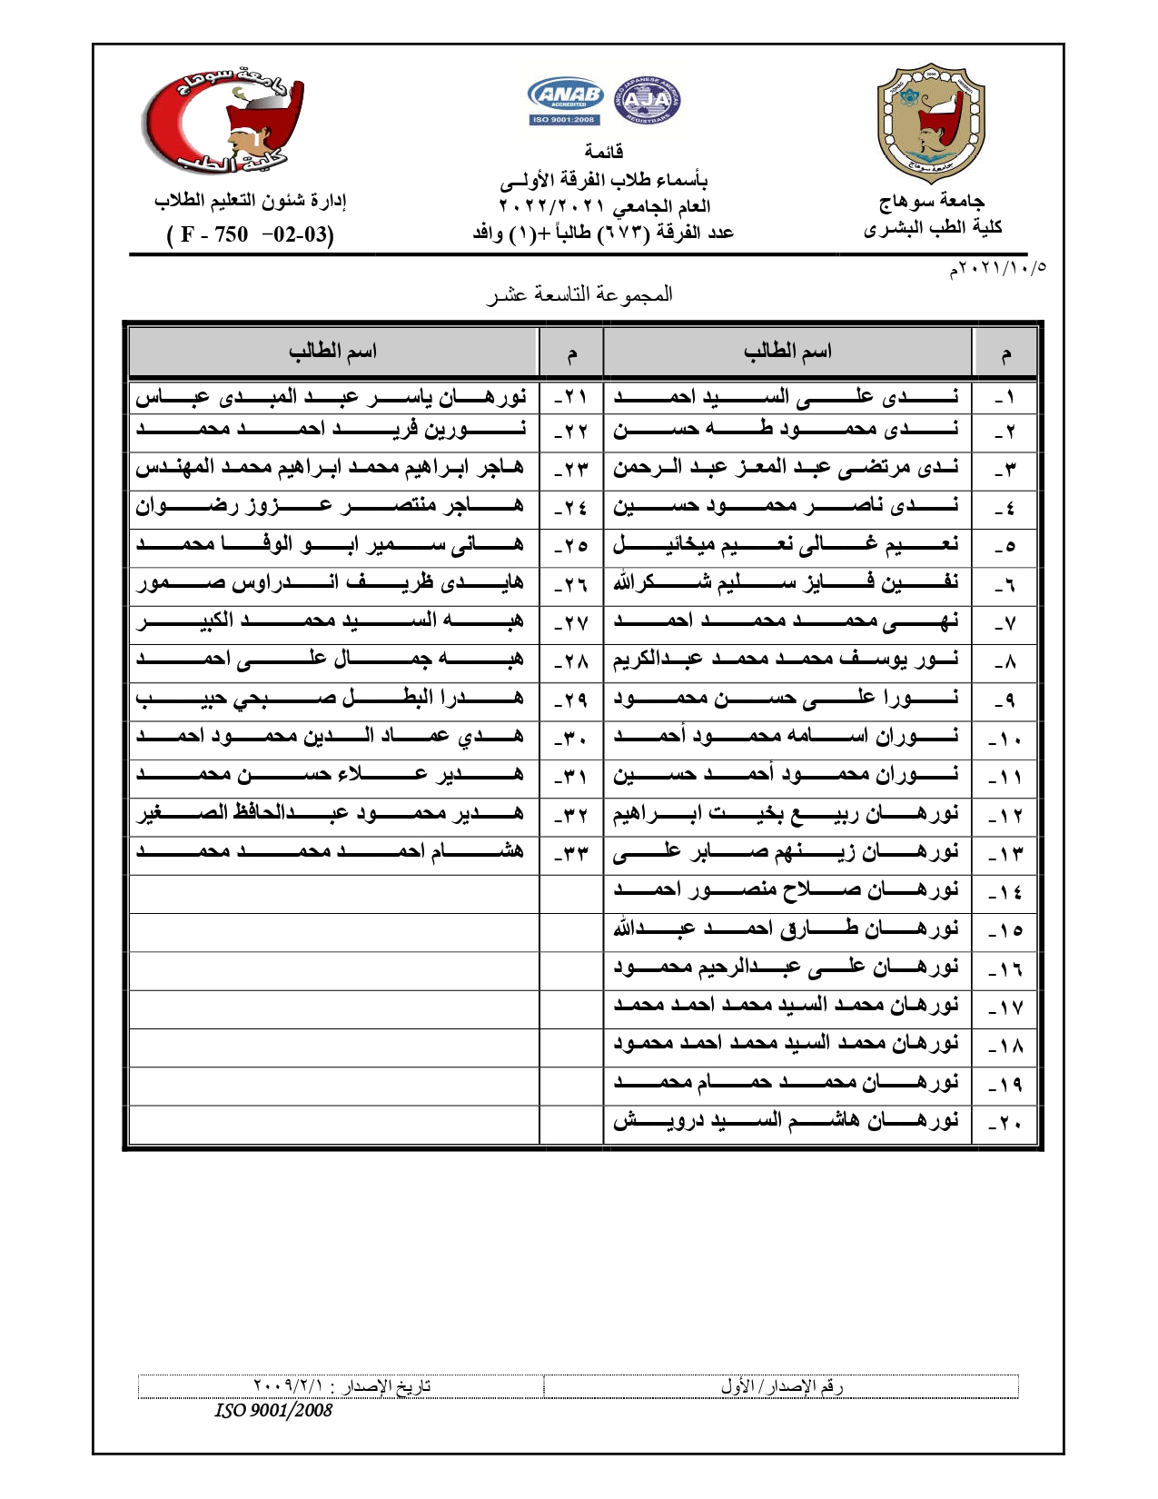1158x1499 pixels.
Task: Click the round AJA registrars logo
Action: click(648, 100)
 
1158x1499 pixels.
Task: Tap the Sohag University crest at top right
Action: click(931, 124)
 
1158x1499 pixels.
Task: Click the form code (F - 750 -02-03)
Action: click(251, 234)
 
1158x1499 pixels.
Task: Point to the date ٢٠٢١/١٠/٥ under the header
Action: click(997, 269)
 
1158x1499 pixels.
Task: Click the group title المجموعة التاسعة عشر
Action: click(580, 293)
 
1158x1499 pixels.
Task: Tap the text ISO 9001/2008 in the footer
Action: click(273, 1410)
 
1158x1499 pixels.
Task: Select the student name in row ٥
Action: click(786, 545)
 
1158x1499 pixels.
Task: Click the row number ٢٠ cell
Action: click(1005, 1123)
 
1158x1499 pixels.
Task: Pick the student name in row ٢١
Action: click(332, 397)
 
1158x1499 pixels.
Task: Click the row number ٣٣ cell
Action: click(571, 854)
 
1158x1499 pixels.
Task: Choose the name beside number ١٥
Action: click(786, 929)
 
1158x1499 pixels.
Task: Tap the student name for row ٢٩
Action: click(332, 698)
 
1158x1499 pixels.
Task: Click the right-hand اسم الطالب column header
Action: click(787, 352)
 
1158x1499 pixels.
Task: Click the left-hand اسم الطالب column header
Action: click(332, 352)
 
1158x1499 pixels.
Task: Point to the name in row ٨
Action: click(786, 660)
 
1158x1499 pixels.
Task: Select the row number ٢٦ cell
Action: click(571, 584)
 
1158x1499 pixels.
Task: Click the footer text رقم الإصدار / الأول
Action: click(782, 1386)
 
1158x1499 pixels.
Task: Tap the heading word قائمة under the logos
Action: click(603, 151)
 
